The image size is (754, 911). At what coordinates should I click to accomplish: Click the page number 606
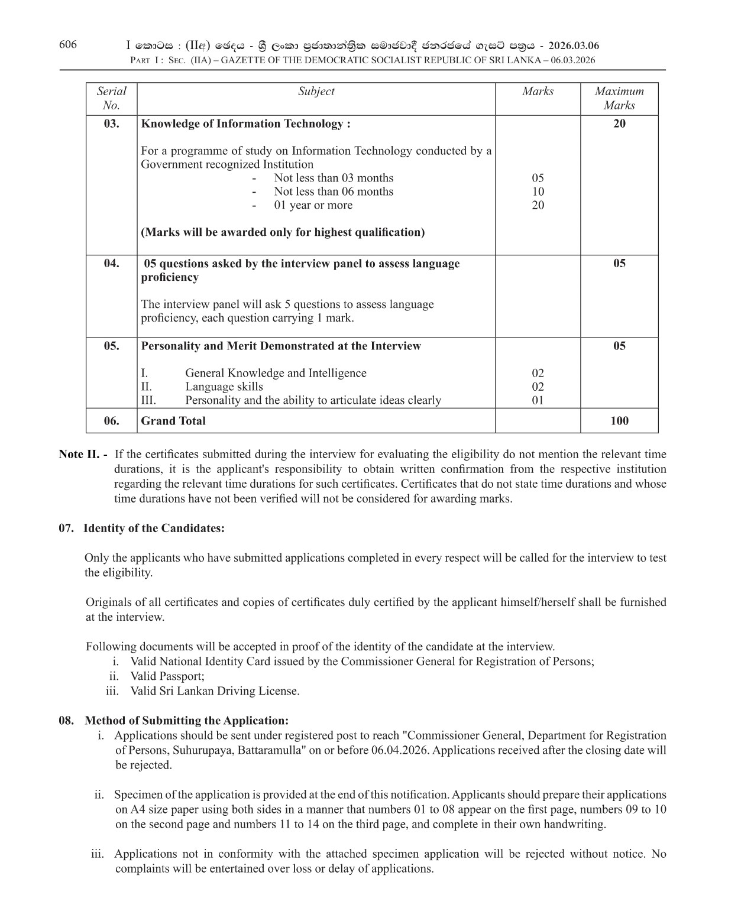pos(68,44)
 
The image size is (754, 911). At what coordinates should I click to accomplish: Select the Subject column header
pos(316,91)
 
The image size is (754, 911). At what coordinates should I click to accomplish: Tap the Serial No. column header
pos(111,98)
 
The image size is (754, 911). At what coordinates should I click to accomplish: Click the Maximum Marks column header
pos(619,98)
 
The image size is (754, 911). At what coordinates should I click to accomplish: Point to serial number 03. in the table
pos(111,124)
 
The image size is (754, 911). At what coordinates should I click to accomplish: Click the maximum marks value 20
pos(619,124)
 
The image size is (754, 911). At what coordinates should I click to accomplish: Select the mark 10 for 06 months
pos(538,192)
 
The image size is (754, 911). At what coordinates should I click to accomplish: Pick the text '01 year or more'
pos(313,205)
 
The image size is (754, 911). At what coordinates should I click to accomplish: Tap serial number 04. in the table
pos(111,264)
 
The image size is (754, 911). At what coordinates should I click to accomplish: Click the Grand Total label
pos(173,421)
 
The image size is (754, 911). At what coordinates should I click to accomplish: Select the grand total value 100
pos(619,421)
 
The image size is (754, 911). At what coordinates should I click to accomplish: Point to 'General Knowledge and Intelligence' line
pos(276,373)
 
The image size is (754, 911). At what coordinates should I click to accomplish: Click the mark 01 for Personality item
pos(538,400)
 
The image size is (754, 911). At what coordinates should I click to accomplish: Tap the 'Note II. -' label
pos(83,455)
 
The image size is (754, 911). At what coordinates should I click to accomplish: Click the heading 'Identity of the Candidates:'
pos(154,529)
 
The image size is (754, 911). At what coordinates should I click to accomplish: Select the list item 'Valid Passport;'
pos(167,676)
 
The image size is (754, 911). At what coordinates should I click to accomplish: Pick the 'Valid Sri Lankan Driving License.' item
pos(215,691)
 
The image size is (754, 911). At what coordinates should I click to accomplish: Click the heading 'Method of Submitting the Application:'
pos(187,721)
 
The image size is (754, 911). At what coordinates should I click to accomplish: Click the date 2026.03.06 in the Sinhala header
pos(574,46)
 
